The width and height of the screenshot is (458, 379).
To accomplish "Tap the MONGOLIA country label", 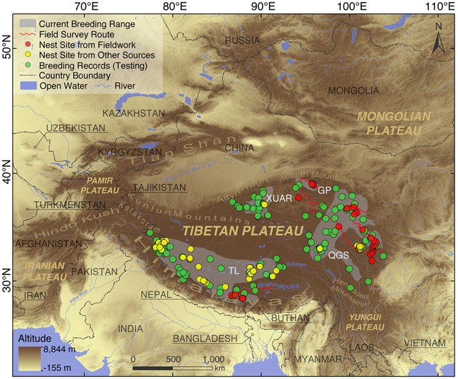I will (354, 90).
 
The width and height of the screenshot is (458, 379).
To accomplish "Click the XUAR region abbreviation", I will (279, 197).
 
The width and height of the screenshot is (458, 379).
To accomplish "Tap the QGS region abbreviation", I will (339, 256).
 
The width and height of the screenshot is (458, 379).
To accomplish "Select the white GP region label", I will (324, 189).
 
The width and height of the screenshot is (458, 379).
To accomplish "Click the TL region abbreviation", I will (233, 270).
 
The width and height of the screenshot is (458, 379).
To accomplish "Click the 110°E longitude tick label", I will (439, 6).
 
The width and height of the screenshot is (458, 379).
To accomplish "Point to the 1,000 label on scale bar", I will (212, 359).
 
